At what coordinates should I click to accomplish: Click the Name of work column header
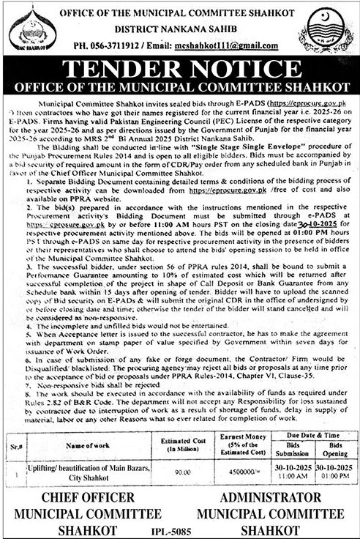tap(91, 445)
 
